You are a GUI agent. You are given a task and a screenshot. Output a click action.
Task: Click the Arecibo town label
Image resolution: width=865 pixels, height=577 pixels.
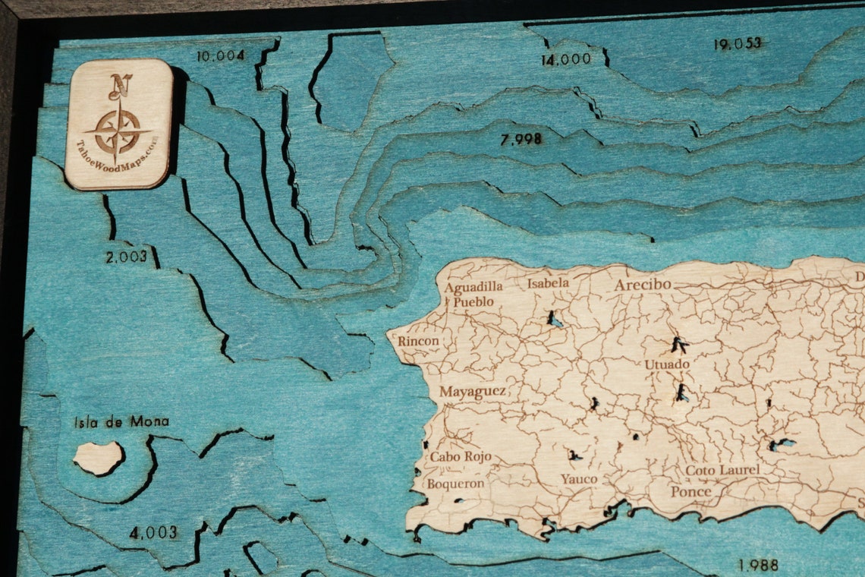pyautogui.click(x=643, y=285)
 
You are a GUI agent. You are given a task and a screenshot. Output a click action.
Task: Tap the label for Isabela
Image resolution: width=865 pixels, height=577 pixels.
pyautogui.click(x=548, y=283)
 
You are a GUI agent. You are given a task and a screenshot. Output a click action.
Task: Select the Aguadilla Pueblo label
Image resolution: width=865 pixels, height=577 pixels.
pyautogui.click(x=473, y=294)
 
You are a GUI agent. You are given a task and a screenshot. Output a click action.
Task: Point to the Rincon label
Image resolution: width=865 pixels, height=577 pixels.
pyautogui.click(x=418, y=341)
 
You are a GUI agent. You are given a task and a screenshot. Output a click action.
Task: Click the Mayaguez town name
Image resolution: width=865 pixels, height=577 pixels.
pyautogui.click(x=472, y=392)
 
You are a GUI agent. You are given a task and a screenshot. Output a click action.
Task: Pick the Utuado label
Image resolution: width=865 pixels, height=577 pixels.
pyautogui.click(x=667, y=364)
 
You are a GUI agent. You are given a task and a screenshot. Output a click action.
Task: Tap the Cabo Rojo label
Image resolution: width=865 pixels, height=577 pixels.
pyautogui.click(x=461, y=457)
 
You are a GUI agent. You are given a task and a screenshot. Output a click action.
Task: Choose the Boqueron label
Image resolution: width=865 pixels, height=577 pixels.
pyautogui.click(x=455, y=483)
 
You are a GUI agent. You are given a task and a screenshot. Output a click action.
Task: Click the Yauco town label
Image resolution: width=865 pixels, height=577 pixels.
pyautogui.click(x=579, y=479)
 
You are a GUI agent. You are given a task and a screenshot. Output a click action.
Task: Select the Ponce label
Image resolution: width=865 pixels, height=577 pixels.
pyautogui.click(x=690, y=491)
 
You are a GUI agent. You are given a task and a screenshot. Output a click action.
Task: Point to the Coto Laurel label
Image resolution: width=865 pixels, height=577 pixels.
pyautogui.click(x=722, y=471)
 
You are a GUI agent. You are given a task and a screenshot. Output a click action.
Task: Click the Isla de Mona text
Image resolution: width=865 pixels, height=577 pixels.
pyautogui.click(x=121, y=421)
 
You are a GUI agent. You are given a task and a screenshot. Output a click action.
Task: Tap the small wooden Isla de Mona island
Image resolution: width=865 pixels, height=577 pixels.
pyautogui.click(x=99, y=457)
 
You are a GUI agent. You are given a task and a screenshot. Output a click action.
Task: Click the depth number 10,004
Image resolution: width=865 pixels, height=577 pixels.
pyautogui.click(x=220, y=55)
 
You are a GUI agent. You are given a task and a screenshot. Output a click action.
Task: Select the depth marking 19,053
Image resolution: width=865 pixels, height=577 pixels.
pyautogui.click(x=737, y=43)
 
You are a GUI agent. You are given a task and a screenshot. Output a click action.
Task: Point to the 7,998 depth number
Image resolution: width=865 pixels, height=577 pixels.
pyautogui.click(x=521, y=139)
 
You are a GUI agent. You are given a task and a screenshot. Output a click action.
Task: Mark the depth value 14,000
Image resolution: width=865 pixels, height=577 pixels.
pyautogui.click(x=565, y=60)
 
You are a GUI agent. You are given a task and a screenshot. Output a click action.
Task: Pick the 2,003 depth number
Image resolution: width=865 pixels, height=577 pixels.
pyautogui.click(x=126, y=257)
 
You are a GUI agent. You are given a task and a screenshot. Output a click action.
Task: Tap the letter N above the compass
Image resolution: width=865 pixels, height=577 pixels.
pyautogui.click(x=120, y=86)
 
